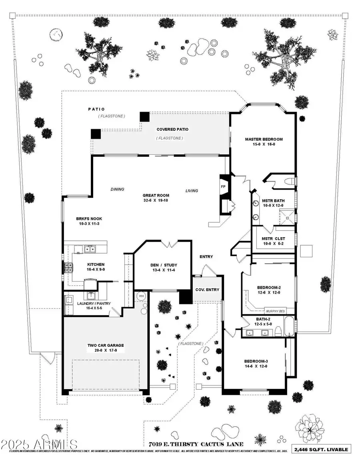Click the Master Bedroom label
[264, 139]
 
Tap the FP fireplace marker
[224, 186]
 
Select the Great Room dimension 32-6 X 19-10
[155, 200]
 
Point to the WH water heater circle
[141, 296]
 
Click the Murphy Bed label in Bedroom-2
[275, 311]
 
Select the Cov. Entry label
[206, 290]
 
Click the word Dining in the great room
[117, 189]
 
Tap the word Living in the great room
[192, 191]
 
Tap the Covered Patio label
[172, 129]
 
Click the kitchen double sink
[90, 250]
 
